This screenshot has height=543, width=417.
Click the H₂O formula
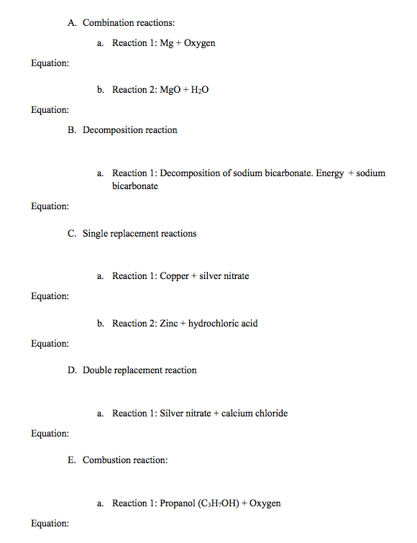point(200,90)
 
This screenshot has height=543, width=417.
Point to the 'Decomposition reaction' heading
point(129,130)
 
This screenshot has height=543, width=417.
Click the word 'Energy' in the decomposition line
point(329,173)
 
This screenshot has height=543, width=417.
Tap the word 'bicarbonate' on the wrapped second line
point(135,186)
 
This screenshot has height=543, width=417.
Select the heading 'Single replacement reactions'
point(139,234)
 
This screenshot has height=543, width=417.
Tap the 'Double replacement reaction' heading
point(139,370)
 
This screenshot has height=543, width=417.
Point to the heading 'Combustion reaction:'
point(125,460)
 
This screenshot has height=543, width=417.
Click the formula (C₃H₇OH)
point(224,503)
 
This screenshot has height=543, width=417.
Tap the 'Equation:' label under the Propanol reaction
point(50,524)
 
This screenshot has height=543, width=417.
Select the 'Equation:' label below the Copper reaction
point(50,296)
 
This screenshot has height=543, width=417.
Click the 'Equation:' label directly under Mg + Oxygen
point(50,63)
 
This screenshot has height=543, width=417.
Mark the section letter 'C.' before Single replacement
point(73,234)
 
